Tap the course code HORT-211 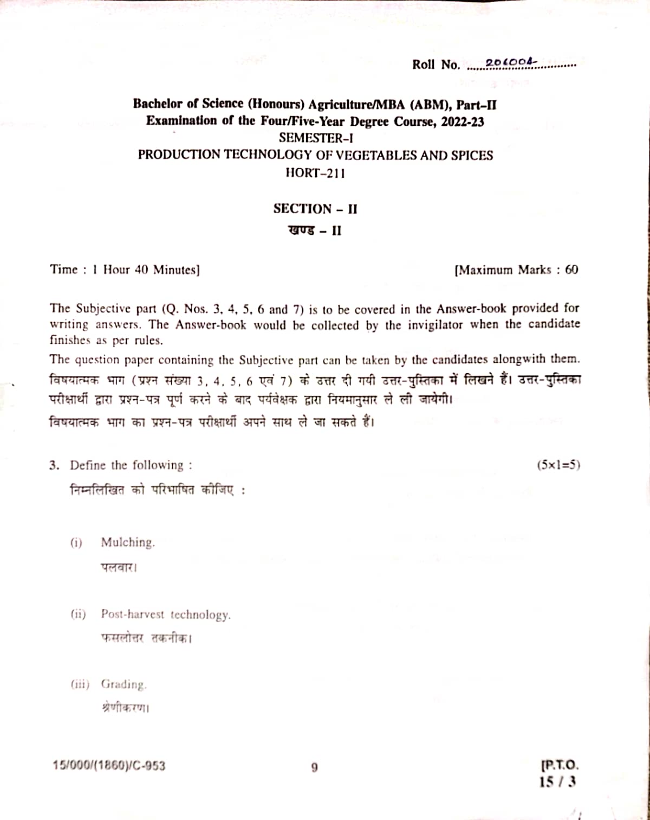pyautogui.click(x=315, y=174)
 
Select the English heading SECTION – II pyautogui.click(x=315, y=209)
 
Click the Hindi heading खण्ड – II pyautogui.click(x=315, y=230)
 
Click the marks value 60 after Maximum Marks pyautogui.click(x=571, y=270)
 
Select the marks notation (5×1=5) pyautogui.click(x=558, y=465)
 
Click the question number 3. pyautogui.click(x=53, y=465)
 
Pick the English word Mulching pyautogui.click(x=128, y=542)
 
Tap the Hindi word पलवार pyautogui.click(x=118, y=568)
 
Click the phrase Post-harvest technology pyautogui.click(x=166, y=614)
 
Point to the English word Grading pyautogui.click(x=124, y=684)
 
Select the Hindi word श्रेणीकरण pyautogui.click(x=125, y=708)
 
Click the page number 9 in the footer pyautogui.click(x=315, y=767)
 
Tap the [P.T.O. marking pyautogui.click(x=560, y=766)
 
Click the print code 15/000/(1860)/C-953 pyautogui.click(x=109, y=766)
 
